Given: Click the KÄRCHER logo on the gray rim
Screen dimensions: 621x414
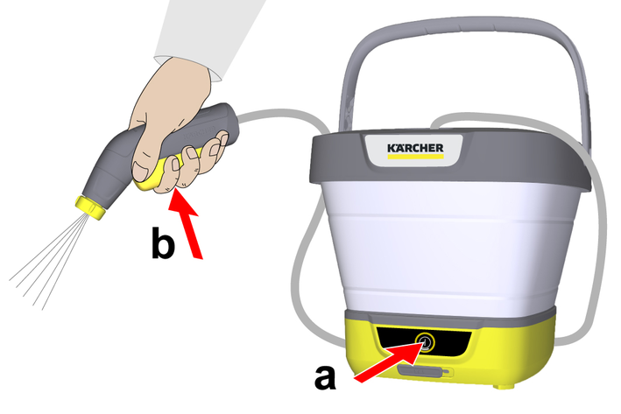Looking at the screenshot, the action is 415,148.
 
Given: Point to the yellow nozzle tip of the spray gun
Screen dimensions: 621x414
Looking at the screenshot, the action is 91,207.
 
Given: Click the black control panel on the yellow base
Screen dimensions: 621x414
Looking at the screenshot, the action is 424,341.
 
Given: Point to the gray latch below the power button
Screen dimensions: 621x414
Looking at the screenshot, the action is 425,372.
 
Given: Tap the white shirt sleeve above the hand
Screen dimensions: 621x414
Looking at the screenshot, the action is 206,32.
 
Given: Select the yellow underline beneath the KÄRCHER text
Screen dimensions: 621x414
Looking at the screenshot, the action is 415,157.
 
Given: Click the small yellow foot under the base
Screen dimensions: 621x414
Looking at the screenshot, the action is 505,385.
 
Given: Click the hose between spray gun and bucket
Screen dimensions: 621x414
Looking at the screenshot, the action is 286,113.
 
